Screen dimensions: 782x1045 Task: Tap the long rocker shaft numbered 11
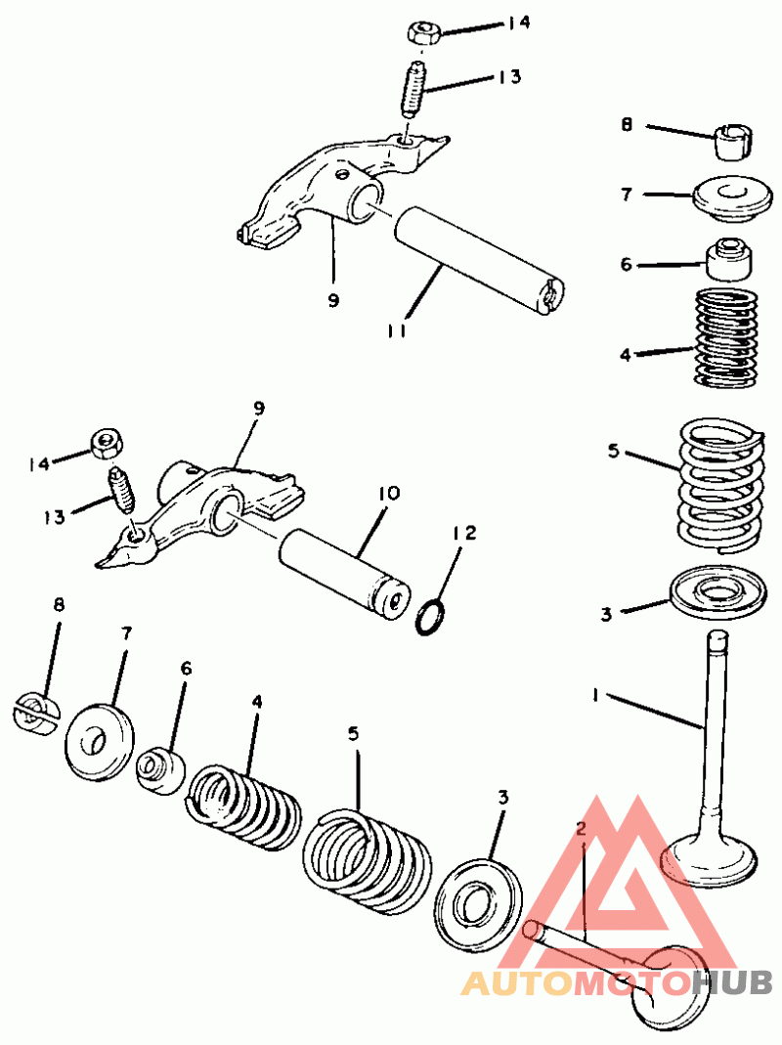point(479,261)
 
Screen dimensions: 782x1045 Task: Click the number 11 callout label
point(397,329)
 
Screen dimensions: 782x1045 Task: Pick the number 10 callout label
point(389,494)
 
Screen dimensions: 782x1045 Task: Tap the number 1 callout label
point(594,695)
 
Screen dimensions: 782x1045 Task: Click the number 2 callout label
point(581,828)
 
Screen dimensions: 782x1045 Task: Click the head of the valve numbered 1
point(708,859)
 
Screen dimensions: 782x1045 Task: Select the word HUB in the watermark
point(731,982)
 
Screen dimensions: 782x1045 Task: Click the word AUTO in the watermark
point(517,983)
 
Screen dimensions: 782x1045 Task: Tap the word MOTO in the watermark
point(632,983)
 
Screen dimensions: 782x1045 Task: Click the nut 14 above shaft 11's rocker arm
point(421,32)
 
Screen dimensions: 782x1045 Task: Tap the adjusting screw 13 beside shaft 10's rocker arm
point(121,491)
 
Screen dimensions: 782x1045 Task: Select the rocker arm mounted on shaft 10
point(200,513)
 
